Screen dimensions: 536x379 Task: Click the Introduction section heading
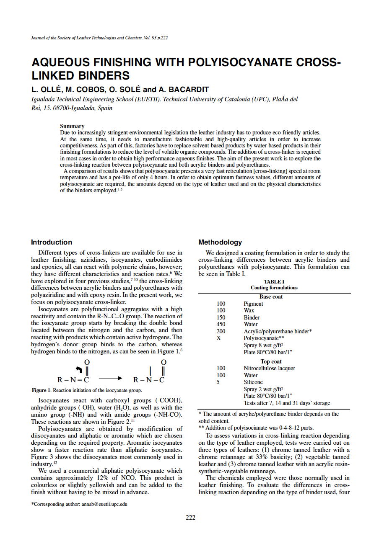[x=52, y=242]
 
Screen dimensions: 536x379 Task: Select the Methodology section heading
[x=220, y=242]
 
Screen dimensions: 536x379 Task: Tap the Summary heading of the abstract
[x=72, y=126]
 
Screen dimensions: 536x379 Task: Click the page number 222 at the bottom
[x=190, y=518]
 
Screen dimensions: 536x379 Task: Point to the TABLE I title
[x=274, y=281]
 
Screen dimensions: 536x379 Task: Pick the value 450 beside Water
[x=221, y=324]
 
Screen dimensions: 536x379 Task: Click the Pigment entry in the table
[x=253, y=304]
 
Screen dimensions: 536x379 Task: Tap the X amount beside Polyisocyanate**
[x=218, y=338]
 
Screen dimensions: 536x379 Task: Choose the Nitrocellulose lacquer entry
[x=269, y=368]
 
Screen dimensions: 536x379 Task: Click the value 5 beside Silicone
[x=218, y=382]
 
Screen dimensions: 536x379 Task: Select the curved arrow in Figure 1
[x=79, y=369]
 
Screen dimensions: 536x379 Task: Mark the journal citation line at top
[x=99, y=38]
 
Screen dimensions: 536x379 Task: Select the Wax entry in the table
[x=249, y=310]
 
